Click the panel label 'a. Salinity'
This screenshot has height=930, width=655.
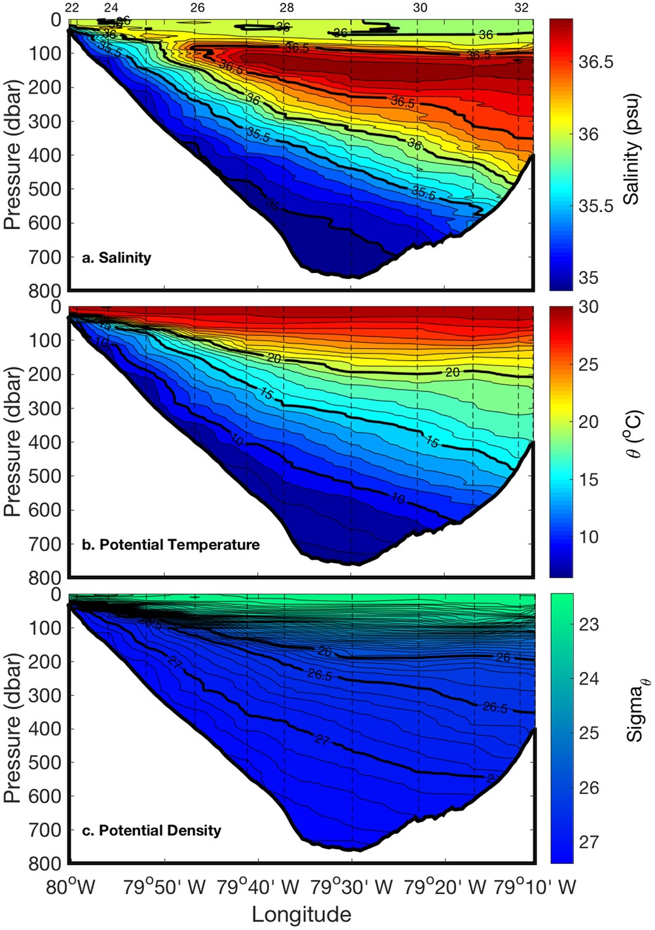pos(116,258)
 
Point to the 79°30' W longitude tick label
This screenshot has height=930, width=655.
pos(351,887)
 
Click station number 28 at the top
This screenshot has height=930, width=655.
pos(286,8)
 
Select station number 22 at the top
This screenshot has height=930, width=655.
pos(73,8)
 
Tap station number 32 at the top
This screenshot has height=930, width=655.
pos(521,8)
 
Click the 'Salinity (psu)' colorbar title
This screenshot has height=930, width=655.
pos(631,155)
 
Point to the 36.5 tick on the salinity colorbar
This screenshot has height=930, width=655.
pos(596,62)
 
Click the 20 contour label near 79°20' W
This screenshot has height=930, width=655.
pos(453,372)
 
